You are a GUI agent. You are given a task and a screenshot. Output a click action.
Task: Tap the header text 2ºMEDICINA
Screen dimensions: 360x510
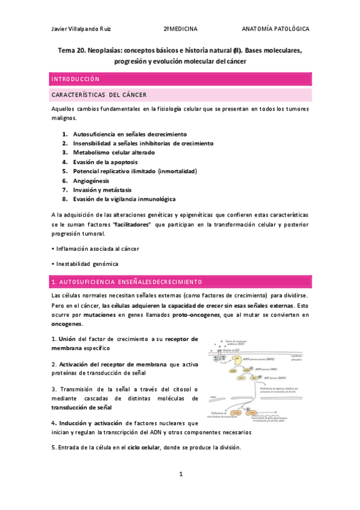pyautogui.click(x=180, y=28)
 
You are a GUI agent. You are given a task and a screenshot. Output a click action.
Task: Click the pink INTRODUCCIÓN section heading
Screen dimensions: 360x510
pyautogui.click(x=76, y=79)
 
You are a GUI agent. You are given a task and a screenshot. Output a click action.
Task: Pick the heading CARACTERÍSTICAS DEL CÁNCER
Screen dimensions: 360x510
pyautogui.click(x=99, y=95)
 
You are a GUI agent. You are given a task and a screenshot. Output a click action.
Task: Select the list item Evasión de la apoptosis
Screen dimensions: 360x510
pyautogui.click(x=105, y=162)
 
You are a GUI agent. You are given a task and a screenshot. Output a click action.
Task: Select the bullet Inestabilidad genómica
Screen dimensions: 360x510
pyautogui.click(x=86, y=263)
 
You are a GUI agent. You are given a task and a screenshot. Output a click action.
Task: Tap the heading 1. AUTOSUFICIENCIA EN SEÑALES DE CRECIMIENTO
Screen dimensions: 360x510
pyautogui.click(x=127, y=281)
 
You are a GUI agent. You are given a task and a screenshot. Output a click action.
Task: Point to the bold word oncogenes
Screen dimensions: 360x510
pyautogui.click(x=66, y=324)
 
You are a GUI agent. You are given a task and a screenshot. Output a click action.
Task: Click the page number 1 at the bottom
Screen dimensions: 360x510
pyautogui.click(x=180, y=475)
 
